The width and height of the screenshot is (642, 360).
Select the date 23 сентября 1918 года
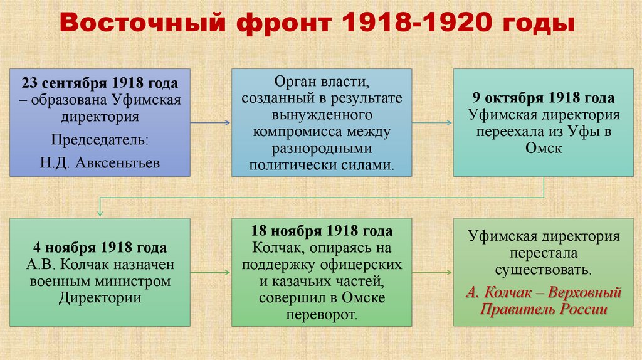pos(100,83)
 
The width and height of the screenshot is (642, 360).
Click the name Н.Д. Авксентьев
pos(100,163)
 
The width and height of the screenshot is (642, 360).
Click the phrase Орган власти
pos(322,83)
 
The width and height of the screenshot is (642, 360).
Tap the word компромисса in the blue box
pos(322,132)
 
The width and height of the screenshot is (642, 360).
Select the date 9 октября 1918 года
pos(544,99)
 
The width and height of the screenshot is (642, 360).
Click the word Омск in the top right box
pos(544,149)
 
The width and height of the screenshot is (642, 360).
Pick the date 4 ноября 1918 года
pos(100,247)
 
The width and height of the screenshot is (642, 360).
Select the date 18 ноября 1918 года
pos(322,231)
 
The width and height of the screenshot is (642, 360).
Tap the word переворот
pos(321,314)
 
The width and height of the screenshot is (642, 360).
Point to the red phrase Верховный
pos(580,292)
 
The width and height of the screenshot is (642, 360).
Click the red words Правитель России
pos(544,309)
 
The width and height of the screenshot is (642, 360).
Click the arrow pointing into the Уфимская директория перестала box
pos(433,272)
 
